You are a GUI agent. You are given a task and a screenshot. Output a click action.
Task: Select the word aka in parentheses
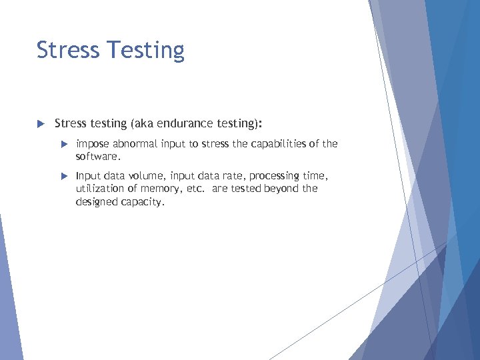point(144,123)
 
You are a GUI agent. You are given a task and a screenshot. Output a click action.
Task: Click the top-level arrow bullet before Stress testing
point(39,123)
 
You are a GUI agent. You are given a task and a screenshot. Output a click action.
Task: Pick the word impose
point(93,144)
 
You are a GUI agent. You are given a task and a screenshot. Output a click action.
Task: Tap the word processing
point(273,176)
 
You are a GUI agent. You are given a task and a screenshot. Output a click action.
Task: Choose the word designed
point(97,201)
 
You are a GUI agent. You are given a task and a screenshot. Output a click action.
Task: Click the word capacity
point(143,201)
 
